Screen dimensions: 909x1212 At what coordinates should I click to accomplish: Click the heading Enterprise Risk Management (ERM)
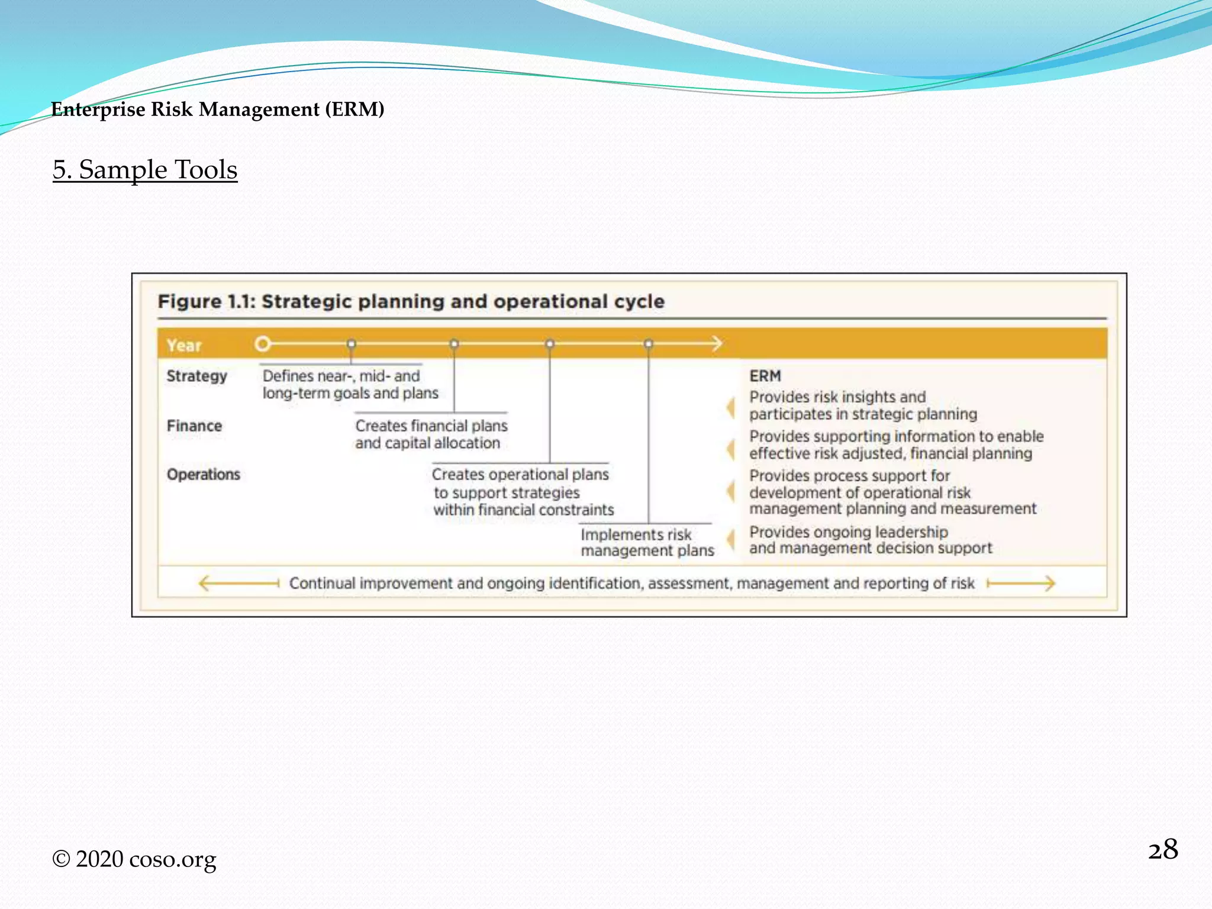217,109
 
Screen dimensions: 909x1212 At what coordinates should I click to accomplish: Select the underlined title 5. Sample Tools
145,170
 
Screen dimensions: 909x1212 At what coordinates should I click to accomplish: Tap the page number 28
1162,850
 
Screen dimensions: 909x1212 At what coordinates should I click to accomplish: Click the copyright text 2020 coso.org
135,859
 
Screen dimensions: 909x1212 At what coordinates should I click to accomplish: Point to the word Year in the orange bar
184,346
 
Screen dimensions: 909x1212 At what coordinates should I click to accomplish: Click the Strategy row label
196,376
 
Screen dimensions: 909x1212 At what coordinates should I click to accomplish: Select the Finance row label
194,426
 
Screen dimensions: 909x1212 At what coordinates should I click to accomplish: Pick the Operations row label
204,475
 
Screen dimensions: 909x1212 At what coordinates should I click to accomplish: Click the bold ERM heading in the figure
765,376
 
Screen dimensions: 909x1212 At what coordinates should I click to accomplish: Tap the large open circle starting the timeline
263,344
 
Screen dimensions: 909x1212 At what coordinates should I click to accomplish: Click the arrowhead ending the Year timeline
717,344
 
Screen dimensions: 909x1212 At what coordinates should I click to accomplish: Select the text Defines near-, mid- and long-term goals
350,385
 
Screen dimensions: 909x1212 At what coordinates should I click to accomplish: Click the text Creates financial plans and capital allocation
431,434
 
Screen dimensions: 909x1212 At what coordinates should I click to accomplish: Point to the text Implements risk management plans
647,543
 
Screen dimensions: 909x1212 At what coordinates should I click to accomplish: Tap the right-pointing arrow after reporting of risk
1021,584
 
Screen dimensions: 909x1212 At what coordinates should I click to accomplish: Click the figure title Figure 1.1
411,302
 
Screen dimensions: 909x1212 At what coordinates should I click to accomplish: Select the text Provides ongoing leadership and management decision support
870,540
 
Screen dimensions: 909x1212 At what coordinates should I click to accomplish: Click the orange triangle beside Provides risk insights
731,408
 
